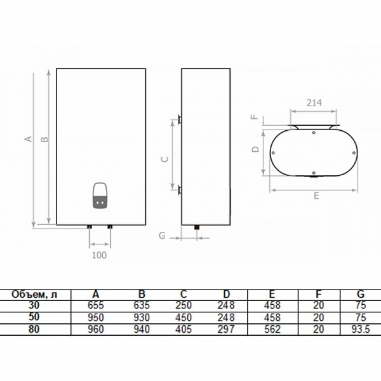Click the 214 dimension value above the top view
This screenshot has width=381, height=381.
click(314, 103)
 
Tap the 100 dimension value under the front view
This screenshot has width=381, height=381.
click(99, 255)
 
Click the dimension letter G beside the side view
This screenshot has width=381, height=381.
click(162, 236)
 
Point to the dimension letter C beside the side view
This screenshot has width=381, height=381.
click(165, 159)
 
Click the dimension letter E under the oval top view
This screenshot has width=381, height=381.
click(316, 196)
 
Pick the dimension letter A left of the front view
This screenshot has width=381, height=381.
click(29, 138)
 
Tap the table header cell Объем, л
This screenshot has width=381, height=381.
click(34, 295)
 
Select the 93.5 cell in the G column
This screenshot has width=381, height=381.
click(361, 329)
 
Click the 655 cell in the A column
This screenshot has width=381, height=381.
click(96, 305)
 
